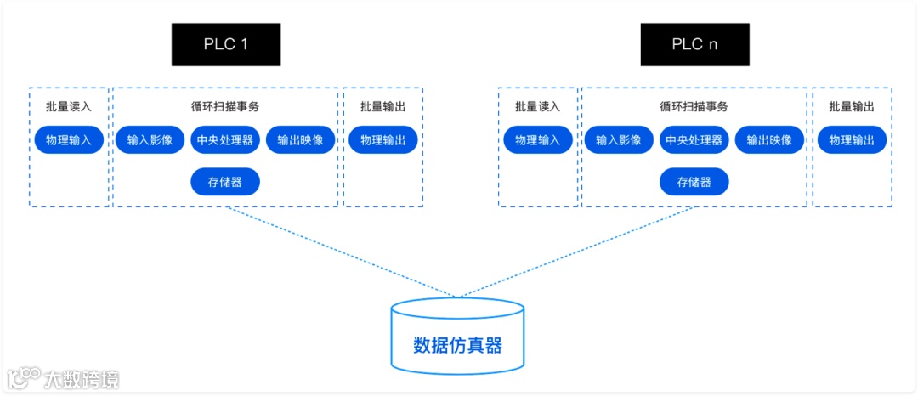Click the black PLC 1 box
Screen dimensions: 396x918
tap(225, 45)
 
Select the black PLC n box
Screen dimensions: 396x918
tap(694, 45)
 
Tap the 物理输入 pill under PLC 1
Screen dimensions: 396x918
tap(69, 140)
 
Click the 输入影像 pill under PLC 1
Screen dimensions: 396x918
tap(150, 140)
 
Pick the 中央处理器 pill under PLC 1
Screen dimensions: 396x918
tap(225, 140)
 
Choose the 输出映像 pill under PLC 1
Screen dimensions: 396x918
tap(300, 140)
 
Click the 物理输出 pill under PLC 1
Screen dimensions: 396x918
tap(382, 140)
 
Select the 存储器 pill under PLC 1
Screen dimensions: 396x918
tap(225, 182)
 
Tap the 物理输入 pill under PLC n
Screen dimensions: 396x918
tap(538, 140)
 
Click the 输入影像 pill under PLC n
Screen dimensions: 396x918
tap(619, 140)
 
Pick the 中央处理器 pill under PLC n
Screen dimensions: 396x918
tap(694, 140)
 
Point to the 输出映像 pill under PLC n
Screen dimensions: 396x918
tap(769, 140)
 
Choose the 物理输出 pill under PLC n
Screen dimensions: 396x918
tap(852, 140)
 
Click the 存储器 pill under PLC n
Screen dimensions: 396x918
tap(694, 182)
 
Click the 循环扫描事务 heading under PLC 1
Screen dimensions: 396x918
tap(225, 107)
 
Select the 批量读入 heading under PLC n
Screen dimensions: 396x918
tap(538, 107)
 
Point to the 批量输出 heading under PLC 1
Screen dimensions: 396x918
tap(382, 107)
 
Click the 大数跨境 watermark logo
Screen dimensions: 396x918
tap(64, 378)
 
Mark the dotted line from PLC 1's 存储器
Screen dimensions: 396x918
tap(340, 252)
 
